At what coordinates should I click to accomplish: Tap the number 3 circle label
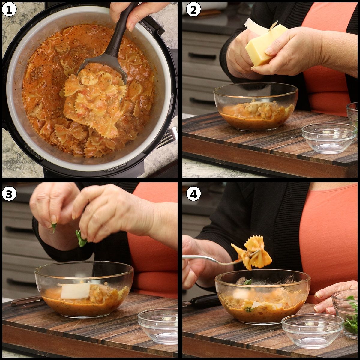tap(9, 194)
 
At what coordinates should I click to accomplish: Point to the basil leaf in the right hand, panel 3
tap(80, 238)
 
